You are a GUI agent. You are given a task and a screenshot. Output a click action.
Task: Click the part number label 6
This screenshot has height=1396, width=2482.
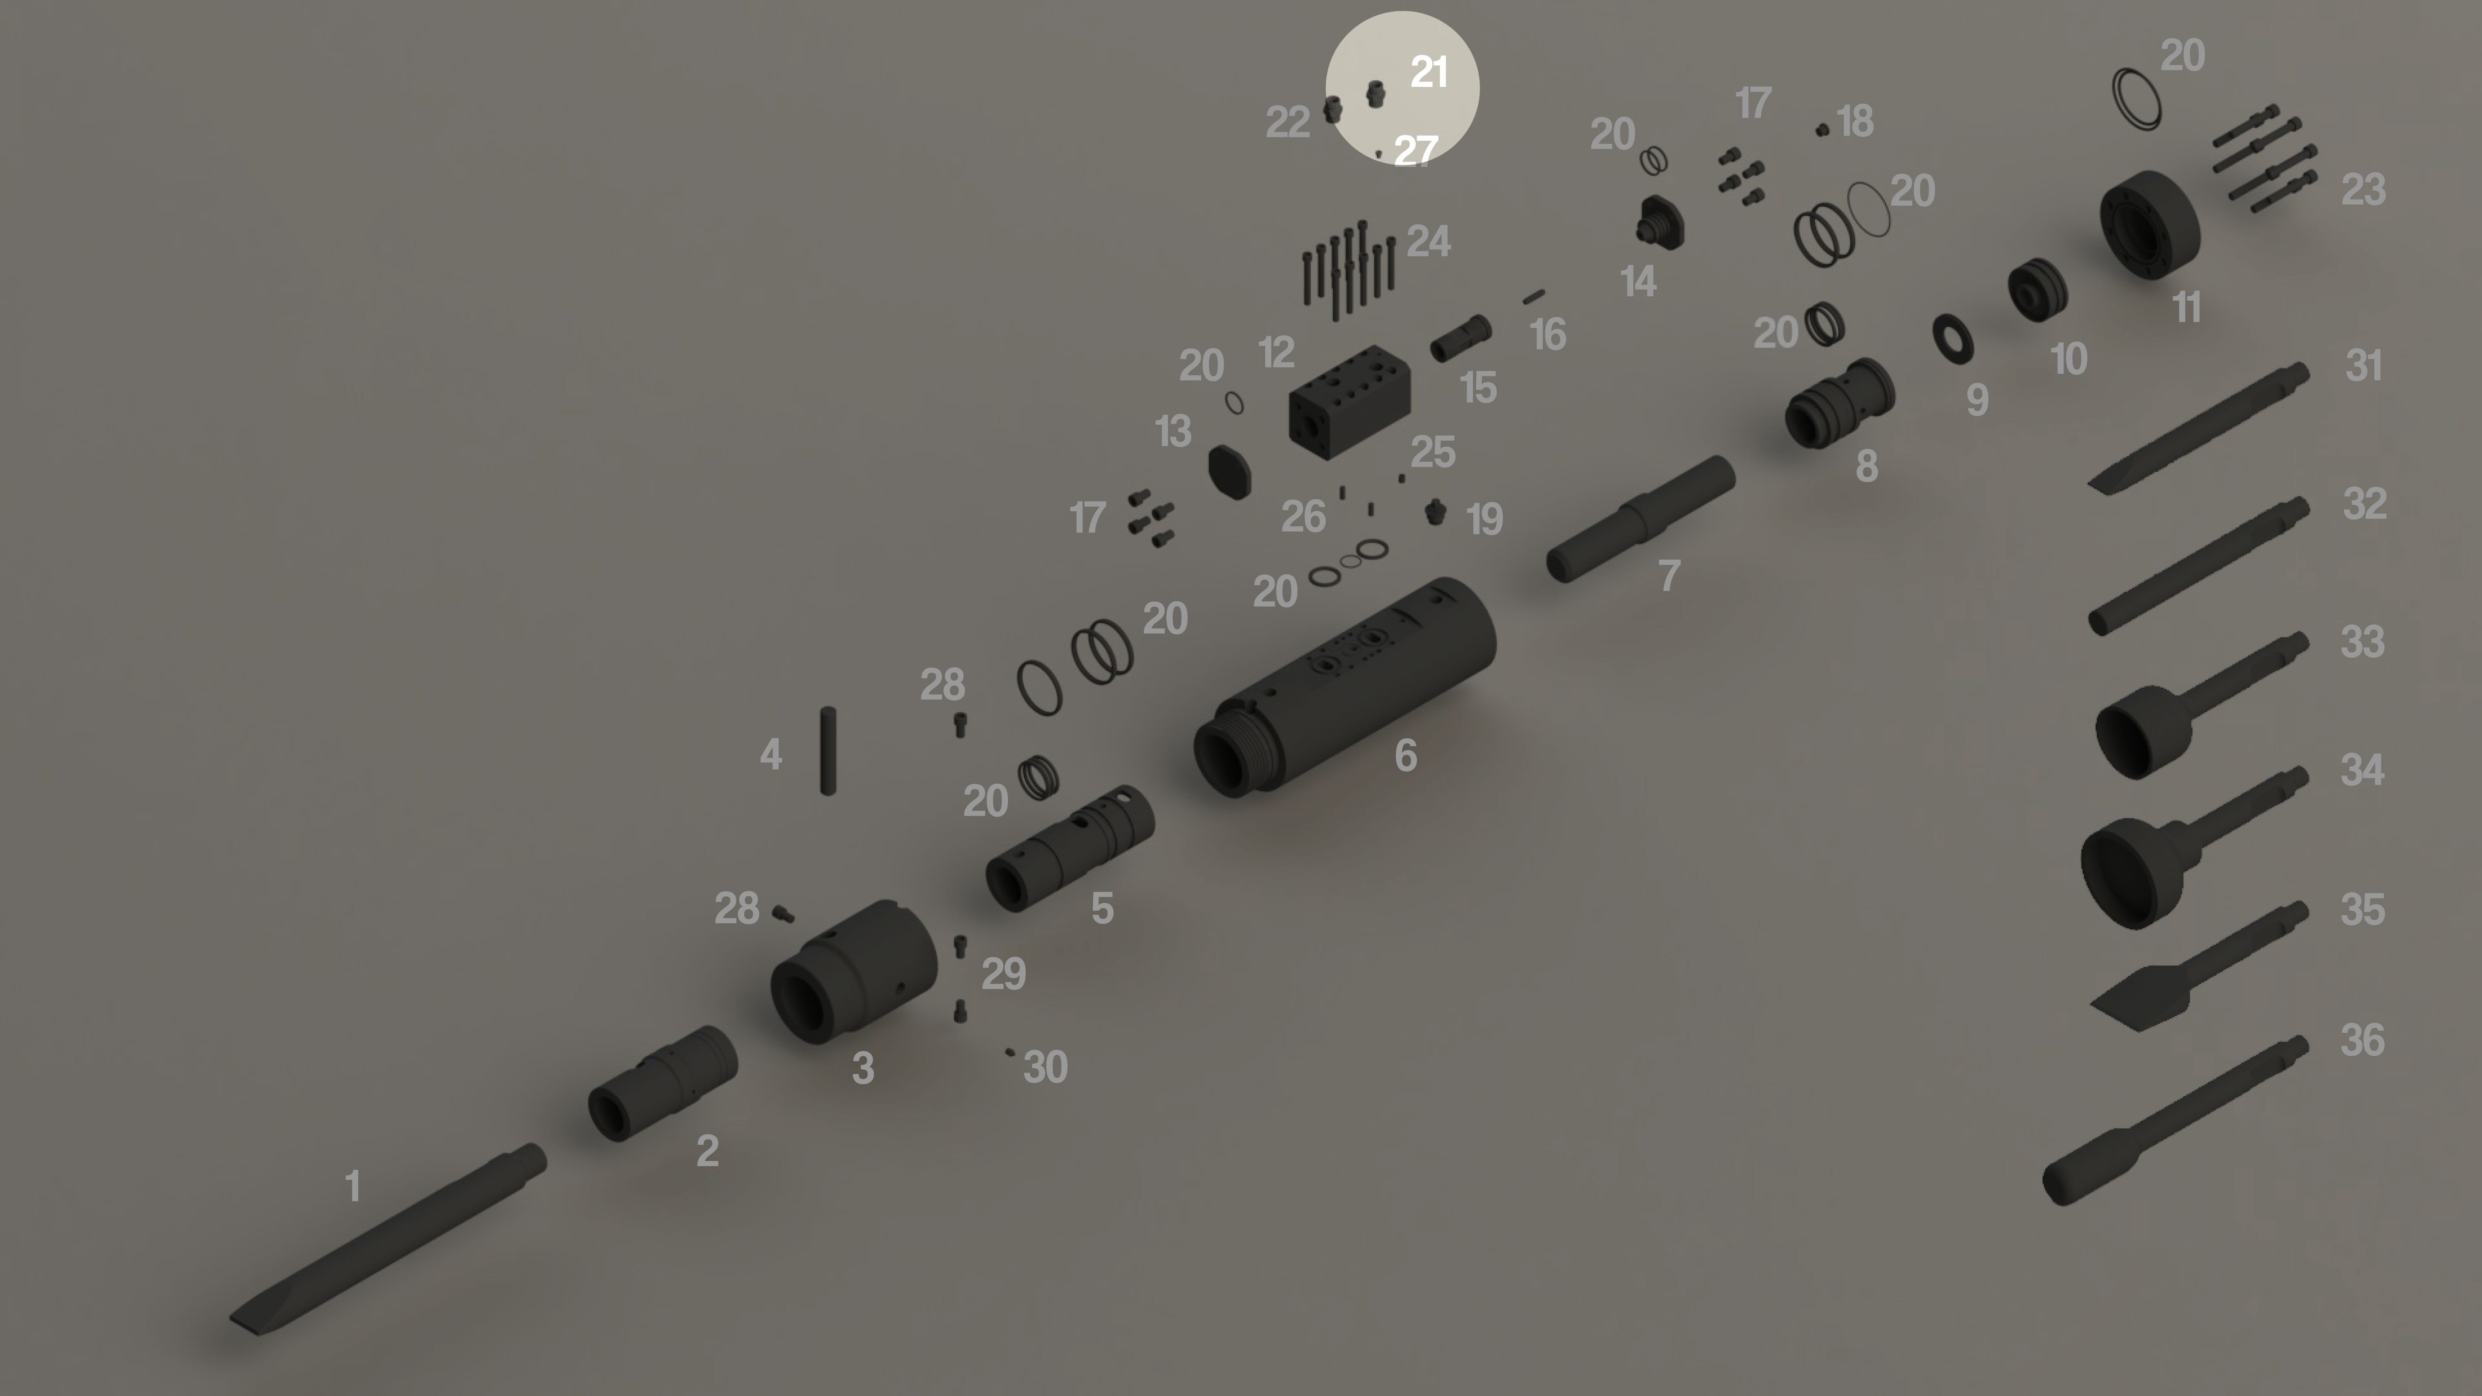tap(1406, 755)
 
